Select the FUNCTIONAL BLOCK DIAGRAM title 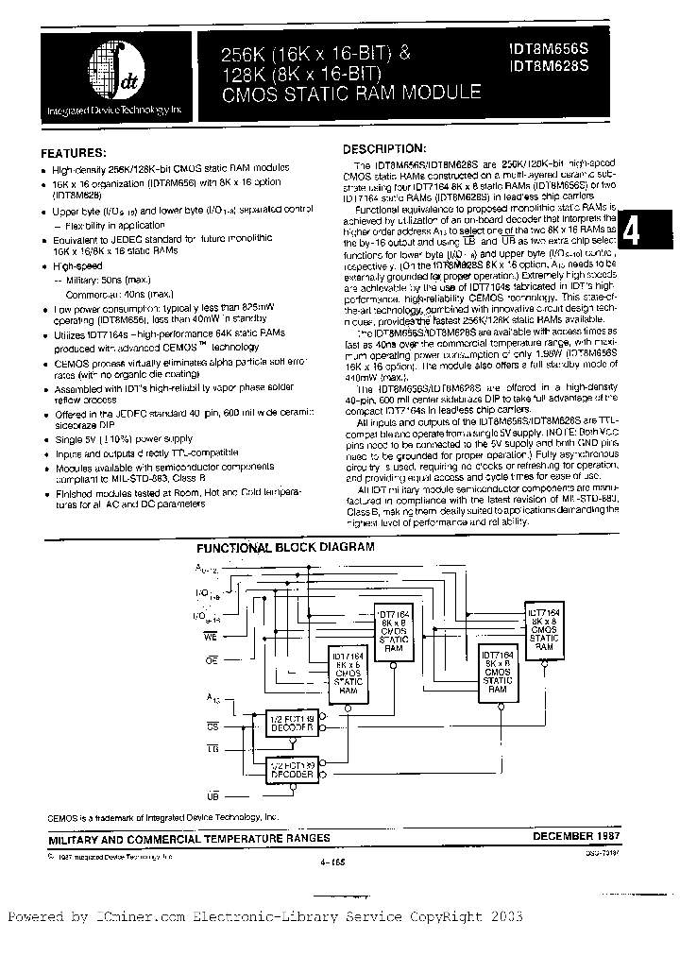click(284, 547)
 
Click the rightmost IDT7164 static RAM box click(543, 631)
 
